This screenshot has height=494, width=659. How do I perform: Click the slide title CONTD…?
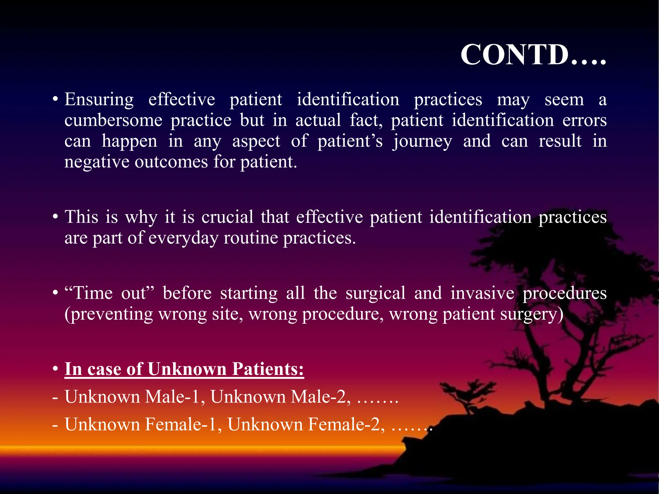533,55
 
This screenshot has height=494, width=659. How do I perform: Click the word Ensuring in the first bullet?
99,99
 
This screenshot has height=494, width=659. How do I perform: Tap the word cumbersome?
113,120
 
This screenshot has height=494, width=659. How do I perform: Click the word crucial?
227,217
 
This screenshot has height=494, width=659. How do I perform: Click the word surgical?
376,293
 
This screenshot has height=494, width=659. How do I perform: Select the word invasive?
482,293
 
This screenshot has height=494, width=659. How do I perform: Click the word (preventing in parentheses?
108,314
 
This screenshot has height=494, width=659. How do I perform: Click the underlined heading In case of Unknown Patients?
184,369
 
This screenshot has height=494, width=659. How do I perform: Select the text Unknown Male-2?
280,397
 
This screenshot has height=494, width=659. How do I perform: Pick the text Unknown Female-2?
306,424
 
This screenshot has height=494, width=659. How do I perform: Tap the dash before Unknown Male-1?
55,397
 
